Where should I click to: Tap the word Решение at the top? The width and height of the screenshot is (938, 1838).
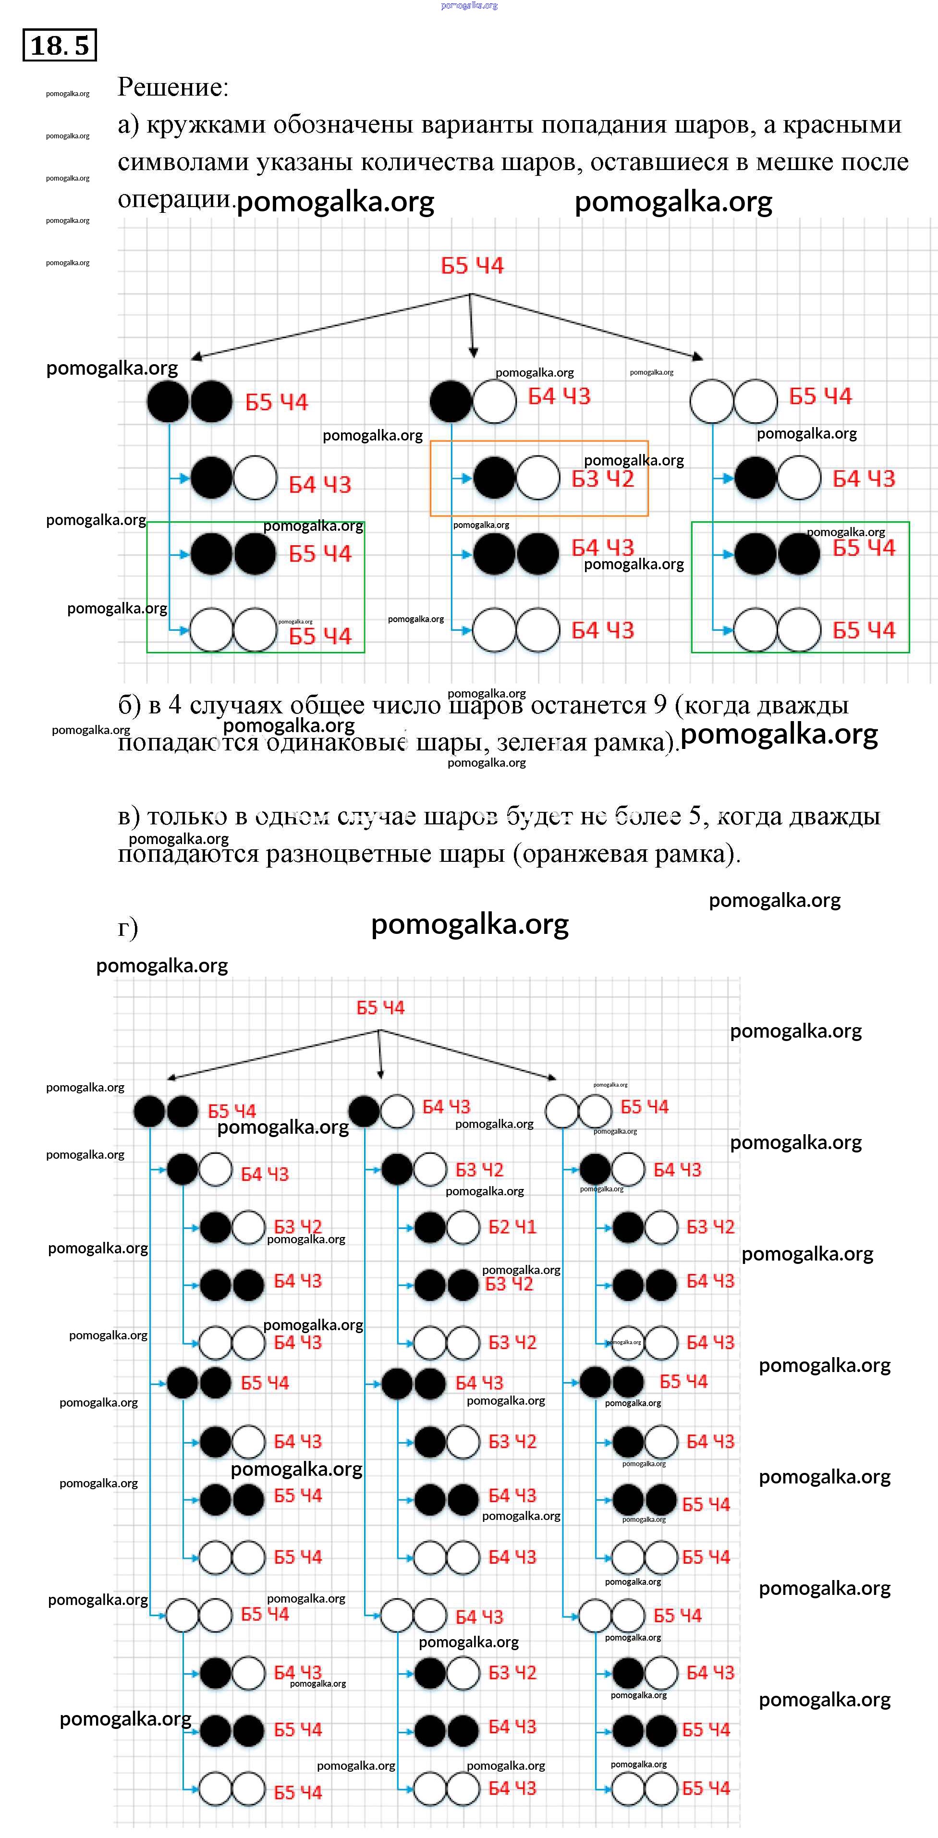pos(172,87)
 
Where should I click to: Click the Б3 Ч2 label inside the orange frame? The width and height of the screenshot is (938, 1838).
pos(603,479)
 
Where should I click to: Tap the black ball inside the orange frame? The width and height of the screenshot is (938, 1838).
pos(494,478)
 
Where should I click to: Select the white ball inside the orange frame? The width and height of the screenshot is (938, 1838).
pos(538,478)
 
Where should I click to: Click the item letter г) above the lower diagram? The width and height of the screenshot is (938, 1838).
pos(128,928)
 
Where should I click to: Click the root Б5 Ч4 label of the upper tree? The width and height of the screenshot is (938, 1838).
pos(472,266)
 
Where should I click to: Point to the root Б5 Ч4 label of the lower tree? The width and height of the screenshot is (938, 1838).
pos(380,1007)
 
